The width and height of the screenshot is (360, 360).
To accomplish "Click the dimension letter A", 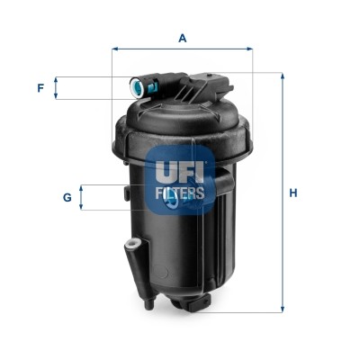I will pyautogui.click(x=182, y=38).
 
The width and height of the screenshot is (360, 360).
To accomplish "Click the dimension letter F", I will pyautogui.click(x=40, y=88).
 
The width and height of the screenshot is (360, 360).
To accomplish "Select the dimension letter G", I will pyautogui.click(x=67, y=196).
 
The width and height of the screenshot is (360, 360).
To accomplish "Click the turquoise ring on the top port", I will pyautogui.click(x=138, y=88).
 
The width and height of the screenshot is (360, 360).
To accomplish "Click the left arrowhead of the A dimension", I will pyautogui.click(x=116, y=49).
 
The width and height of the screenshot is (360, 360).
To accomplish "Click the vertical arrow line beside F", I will pyautogui.click(x=57, y=88).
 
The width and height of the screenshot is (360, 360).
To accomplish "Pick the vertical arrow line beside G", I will pyautogui.click(x=83, y=197).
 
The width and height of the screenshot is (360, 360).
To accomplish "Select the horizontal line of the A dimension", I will pyautogui.click(x=183, y=49).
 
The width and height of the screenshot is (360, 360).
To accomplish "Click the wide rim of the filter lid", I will pyautogui.click(x=180, y=135).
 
